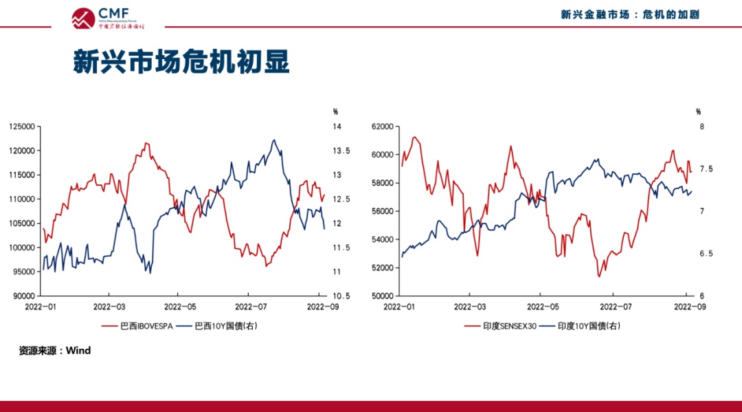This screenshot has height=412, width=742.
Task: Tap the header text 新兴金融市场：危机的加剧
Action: click(x=630, y=14)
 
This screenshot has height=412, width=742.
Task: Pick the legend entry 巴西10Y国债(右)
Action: click(x=218, y=325)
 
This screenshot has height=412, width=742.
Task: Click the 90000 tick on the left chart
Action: click(x=24, y=296)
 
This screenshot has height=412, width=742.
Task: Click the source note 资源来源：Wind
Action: click(x=54, y=351)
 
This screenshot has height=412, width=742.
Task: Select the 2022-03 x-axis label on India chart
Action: click(x=471, y=305)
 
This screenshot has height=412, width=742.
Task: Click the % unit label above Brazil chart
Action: click(x=336, y=111)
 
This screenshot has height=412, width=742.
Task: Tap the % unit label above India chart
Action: click(x=698, y=111)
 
